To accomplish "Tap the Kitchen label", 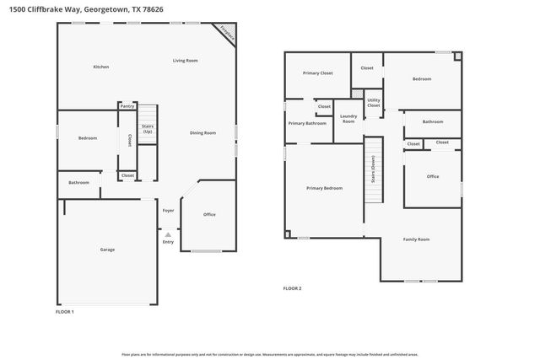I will tap(100, 67).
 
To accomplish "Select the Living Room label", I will tap(185, 61).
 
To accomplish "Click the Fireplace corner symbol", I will tap(225, 32).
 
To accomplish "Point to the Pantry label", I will tap(127, 106).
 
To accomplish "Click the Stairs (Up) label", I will tap(148, 129).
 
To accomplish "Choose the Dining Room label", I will tap(202, 132).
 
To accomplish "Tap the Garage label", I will tap(107, 250).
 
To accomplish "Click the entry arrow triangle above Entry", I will tap(168, 234).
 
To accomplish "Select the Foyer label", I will tap(168, 211).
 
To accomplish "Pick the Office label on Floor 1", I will tap(209, 214).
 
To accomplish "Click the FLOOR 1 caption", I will tap(65, 312).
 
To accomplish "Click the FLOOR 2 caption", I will tap(292, 288).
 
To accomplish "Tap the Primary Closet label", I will tap(317, 73).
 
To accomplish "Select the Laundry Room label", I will tap(348, 119).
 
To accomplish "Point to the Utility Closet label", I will tap(373, 103).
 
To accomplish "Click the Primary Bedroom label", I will tap(324, 188).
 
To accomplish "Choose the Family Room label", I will tap(416, 239).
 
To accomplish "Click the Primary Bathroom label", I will tap(307, 124).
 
